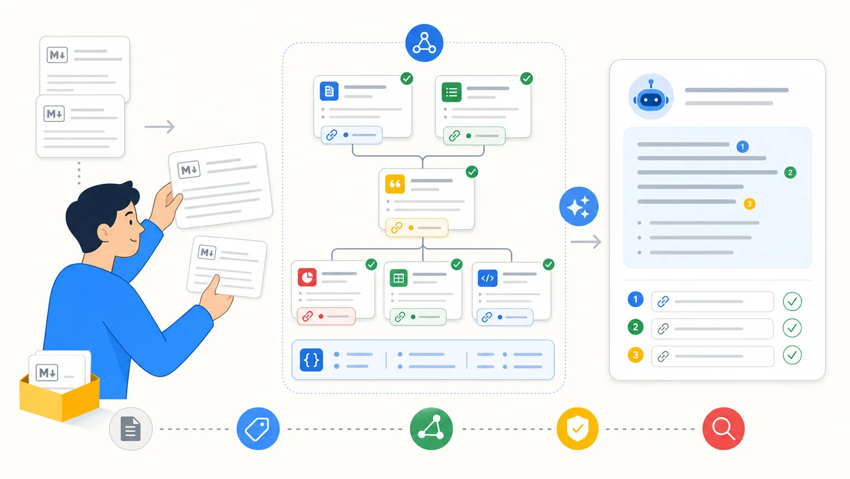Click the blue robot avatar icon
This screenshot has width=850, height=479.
pyautogui.click(x=651, y=97)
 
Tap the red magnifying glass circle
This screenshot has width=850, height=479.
pyautogui.click(x=723, y=429)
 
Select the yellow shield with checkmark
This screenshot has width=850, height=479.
pyautogui.click(x=577, y=429)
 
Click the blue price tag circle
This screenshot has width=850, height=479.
pyautogui.click(x=258, y=429)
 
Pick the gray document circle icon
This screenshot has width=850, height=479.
pyautogui.click(x=131, y=429)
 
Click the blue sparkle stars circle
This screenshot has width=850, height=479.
pyautogui.click(x=579, y=206)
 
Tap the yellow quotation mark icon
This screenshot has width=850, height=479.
pyautogui.click(x=395, y=184)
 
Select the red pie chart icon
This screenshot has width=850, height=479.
pyautogui.click(x=307, y=277)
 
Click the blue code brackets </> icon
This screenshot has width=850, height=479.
pyautogui.click(x=488, y=278)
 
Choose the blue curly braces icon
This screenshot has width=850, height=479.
pyautogui.click(x=311, y=359)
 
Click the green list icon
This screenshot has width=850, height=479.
pyautogui.click(x=451, y=92)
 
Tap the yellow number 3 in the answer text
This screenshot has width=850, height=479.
pyautogui.click(x=749, y=204)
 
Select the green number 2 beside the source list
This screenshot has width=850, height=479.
pyautogui.click(x=635, y=327)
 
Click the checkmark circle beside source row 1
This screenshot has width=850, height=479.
pyautogui.click(x=793, y=301)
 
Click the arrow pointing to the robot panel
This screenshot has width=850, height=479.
pyautogui.click(x=586, y=242)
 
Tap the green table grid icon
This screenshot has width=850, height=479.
pyautogui.click(x=399, y=278)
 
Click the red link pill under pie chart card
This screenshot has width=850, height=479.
pyautogui.click(x=326, y=316)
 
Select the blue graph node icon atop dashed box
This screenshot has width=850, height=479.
pyautogui.click(x=424, y=43)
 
